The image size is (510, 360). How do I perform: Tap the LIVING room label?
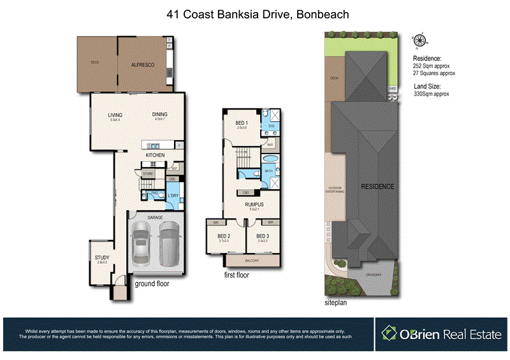tap(115, 115)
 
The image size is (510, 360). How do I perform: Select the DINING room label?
tap(159, 115)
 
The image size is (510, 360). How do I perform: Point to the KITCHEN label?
tap(156, 155)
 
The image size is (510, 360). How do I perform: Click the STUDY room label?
tap(103, 259)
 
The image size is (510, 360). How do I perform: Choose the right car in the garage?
tap(169, 245)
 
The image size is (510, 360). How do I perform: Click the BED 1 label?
tap(242, 123)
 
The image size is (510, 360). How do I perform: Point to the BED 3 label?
tap(263, 236)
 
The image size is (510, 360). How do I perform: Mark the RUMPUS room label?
tap(254, 205)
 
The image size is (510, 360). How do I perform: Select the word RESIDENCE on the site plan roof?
tap(377, 187)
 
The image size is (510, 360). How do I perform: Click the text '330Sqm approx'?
tap(432, 94)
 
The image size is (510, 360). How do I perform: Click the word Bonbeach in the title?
tap(321, 13)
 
